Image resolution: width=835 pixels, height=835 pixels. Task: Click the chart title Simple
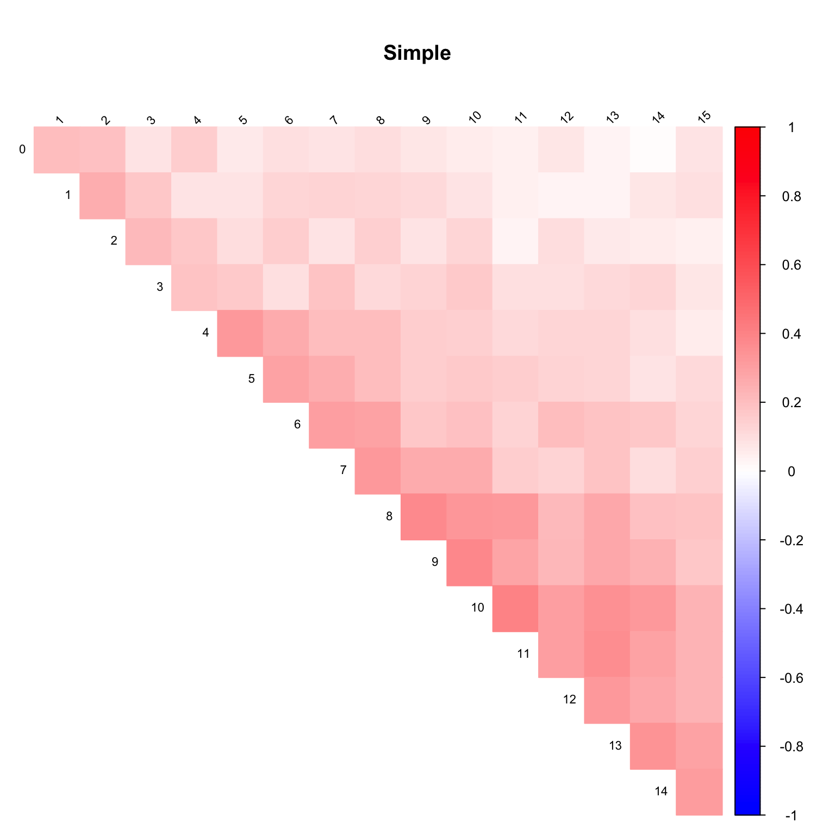[x=417, y=53]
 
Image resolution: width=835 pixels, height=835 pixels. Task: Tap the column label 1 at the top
[x=60, y=120]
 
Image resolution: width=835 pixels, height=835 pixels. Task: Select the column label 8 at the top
[x=381, y=120]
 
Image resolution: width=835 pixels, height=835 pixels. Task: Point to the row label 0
[x=22, y=149]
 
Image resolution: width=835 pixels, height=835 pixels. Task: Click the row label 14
[x=660, y=792]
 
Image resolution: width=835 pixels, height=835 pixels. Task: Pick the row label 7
[x=343, y=470]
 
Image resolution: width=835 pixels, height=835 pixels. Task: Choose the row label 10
[x=477, y=608]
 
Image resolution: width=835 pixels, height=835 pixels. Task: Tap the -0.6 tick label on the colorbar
[x=791, y=678]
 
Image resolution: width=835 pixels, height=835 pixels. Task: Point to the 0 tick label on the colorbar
[x=791, y=471]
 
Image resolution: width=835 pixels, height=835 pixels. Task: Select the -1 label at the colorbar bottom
[x=791, y=815]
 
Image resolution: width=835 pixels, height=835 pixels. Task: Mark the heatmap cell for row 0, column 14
[x=653, y=149]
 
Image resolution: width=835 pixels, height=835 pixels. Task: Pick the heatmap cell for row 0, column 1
[x=57, y=149]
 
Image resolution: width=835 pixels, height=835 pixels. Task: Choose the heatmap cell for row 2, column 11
[x=515, y=241]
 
